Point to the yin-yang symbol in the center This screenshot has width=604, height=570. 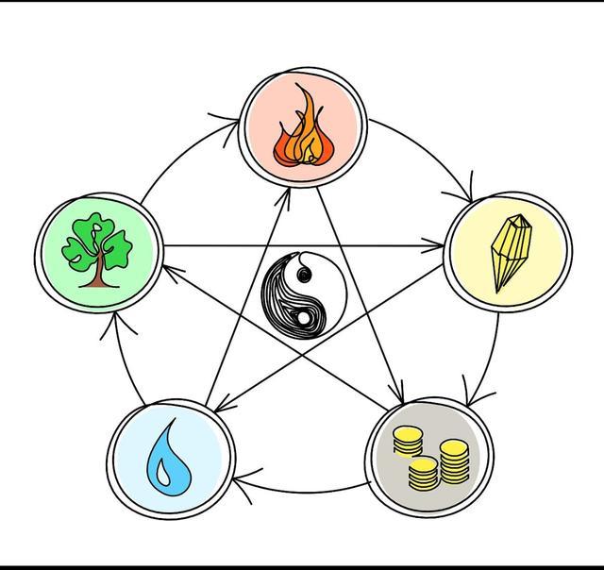[x=302, y=294]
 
